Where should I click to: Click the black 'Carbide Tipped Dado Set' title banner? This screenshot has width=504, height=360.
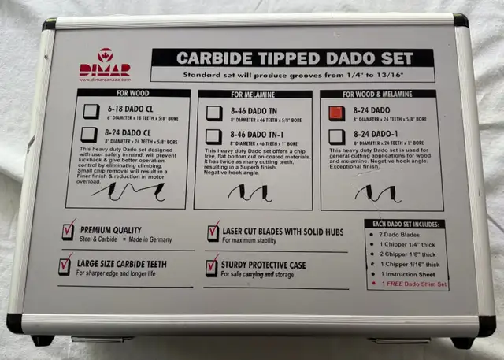click(x=291, y=58)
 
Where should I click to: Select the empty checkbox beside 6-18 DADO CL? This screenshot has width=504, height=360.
click(x=91, y=109)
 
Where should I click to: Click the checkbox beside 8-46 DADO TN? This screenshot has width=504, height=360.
click(x=213, y=113)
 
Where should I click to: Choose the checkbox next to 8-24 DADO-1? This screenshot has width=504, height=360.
click(x=336, y=135)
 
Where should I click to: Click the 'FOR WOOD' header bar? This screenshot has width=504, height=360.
click(x=133, y=93)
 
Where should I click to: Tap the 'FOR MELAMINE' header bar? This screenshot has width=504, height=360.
click(x=256, y=94)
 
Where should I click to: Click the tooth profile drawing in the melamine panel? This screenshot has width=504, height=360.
click(x=250, y=191)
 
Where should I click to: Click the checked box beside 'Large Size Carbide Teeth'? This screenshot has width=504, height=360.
click(x=65, y=265)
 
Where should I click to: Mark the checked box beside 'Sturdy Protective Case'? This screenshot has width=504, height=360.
click(x=213, y=265)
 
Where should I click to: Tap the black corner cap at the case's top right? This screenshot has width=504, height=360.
click(x=460, y=20)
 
